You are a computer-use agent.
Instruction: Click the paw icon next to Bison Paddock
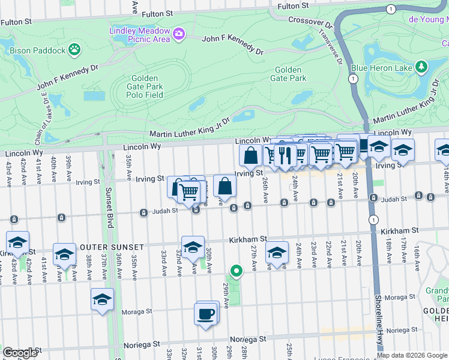[x=74, y=48]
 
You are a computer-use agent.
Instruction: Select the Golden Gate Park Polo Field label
[x=145, y=87]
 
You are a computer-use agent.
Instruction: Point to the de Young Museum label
[x=429, y=19]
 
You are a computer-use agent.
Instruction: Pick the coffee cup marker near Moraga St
[x=205, y=314]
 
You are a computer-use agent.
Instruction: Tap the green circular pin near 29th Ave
[x=237, y=271]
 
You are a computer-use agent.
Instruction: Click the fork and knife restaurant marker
[x=285, y=155]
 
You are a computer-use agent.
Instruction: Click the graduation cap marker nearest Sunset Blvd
[x=102, y=299]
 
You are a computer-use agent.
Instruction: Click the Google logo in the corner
[x=20, y=353]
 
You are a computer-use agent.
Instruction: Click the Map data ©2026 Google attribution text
[x=412, y=355]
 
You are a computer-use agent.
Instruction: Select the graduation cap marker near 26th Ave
[x=276, y=253]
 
